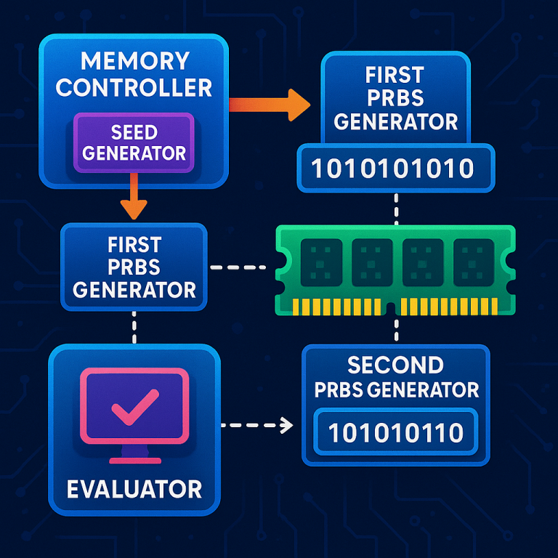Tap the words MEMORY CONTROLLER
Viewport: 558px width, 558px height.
134,73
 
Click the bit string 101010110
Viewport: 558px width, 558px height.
395,433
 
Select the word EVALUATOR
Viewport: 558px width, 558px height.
134,488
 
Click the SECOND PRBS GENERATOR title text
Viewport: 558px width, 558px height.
396,377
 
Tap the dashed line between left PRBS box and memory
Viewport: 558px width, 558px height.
238,267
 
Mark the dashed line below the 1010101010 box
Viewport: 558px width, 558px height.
396,209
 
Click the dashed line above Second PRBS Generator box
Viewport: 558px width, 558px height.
396,328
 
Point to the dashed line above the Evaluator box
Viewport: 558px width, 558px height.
134,327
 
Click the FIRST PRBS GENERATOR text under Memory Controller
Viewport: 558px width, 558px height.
134,267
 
